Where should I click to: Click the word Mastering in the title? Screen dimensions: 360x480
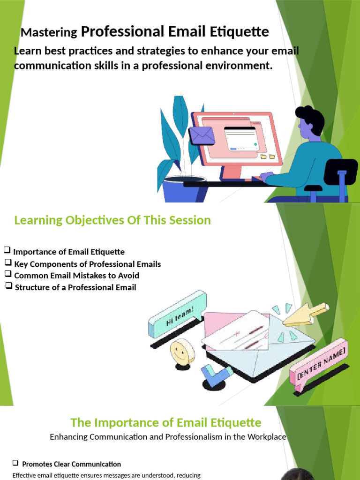pos(49,32)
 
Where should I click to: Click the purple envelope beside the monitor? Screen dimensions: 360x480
pos(202,135)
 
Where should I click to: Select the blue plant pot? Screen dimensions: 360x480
pos(184,189)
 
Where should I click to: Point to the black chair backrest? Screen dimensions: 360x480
pos(340,172)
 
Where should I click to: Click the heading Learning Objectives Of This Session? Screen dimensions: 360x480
pos(112,220)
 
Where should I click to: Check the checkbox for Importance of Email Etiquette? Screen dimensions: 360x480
pos(7,250)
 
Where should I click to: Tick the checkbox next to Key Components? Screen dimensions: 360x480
pos(8,262)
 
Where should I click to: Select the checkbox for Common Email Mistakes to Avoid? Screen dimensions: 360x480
pos(8,273)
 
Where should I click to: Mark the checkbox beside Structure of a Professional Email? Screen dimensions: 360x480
pos(9,285)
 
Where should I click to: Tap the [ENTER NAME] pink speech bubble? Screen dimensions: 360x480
pos(319,364)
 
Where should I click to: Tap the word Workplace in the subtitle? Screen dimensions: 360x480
pos(267,437)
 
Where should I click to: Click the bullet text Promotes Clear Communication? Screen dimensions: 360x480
pos(72,464)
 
